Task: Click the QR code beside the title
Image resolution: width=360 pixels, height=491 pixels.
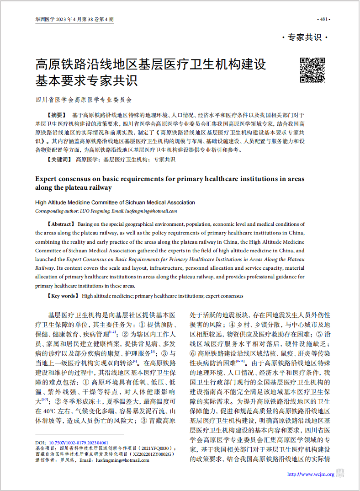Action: click(x=312, y=70)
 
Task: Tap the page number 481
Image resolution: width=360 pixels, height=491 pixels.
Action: click(x=323, y=19)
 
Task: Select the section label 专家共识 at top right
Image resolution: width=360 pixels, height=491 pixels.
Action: click(x=305, y=37)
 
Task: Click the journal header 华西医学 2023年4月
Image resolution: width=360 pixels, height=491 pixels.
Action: click(x=74, y=19)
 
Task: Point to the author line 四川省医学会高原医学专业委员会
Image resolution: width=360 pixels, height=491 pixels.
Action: click(x=84, y=99)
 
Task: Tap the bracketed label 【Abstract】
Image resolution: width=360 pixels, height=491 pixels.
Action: click(x=60, y=224)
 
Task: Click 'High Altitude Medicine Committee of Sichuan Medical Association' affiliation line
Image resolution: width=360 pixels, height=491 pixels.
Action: click(x=115, y=203)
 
